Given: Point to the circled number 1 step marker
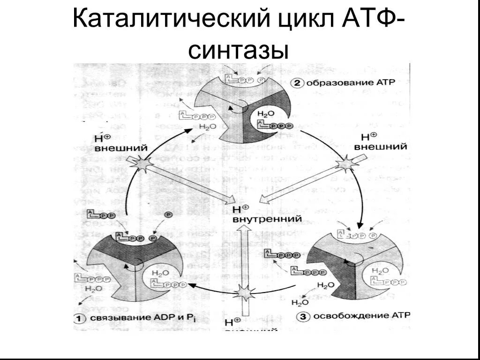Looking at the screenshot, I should pyautogui.click(x=80, y=319).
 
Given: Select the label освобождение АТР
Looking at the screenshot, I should pyautogui.click(x=360, y=316).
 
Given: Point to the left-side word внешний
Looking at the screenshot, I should pyautogui.click(x=121, y=148).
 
